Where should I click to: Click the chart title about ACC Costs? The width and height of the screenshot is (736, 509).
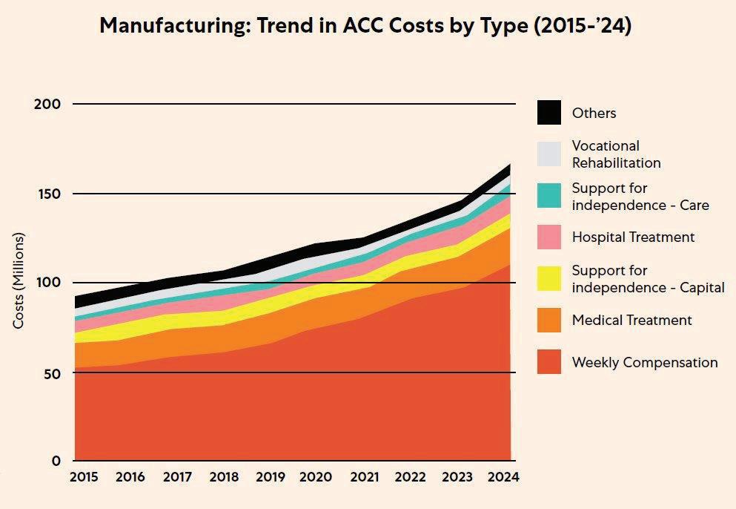(x=365, y=26)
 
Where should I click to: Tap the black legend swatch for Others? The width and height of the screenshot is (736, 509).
(x=549, y=113)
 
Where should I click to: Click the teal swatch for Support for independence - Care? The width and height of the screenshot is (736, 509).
(x=549, y=196)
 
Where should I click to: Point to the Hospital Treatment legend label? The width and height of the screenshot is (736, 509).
(x=633, y=237)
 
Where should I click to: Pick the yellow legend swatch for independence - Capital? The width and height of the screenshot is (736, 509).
(x=549, y=278)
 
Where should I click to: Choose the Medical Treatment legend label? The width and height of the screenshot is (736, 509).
(x=631, y=321)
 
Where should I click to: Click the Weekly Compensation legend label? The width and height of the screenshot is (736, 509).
(x=645, y=363)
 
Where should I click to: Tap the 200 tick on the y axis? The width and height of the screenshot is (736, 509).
(x=46, y=105)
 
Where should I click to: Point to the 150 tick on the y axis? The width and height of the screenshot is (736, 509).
(x=46, y=194)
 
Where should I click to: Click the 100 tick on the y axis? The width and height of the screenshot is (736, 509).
(x=46, y=283)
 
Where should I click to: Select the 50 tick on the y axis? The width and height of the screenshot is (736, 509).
(x=50, y=372)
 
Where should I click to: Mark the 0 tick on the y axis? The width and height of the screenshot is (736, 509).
(x=55, y=461)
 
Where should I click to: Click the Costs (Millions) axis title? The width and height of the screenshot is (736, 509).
(x=19, y=281)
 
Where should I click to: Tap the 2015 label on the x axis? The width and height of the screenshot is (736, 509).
(x=84, y=477)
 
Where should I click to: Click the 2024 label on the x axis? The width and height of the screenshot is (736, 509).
(x=503, y=477)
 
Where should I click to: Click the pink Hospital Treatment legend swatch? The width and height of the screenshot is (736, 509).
(x=549, y=237)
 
